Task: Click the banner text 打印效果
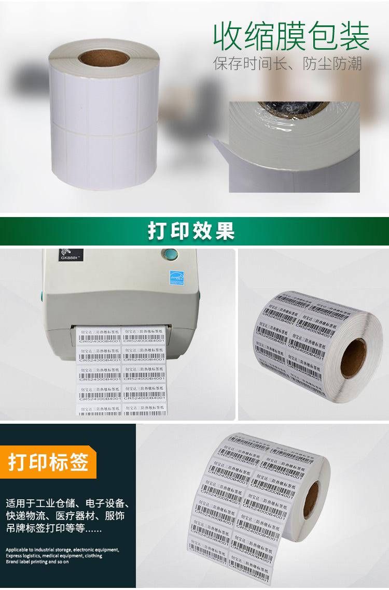(x=191, y=231)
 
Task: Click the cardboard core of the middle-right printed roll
(x=353, y=358)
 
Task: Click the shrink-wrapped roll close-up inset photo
(x=294, y=147)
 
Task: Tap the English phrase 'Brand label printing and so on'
(x=37, y=562)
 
